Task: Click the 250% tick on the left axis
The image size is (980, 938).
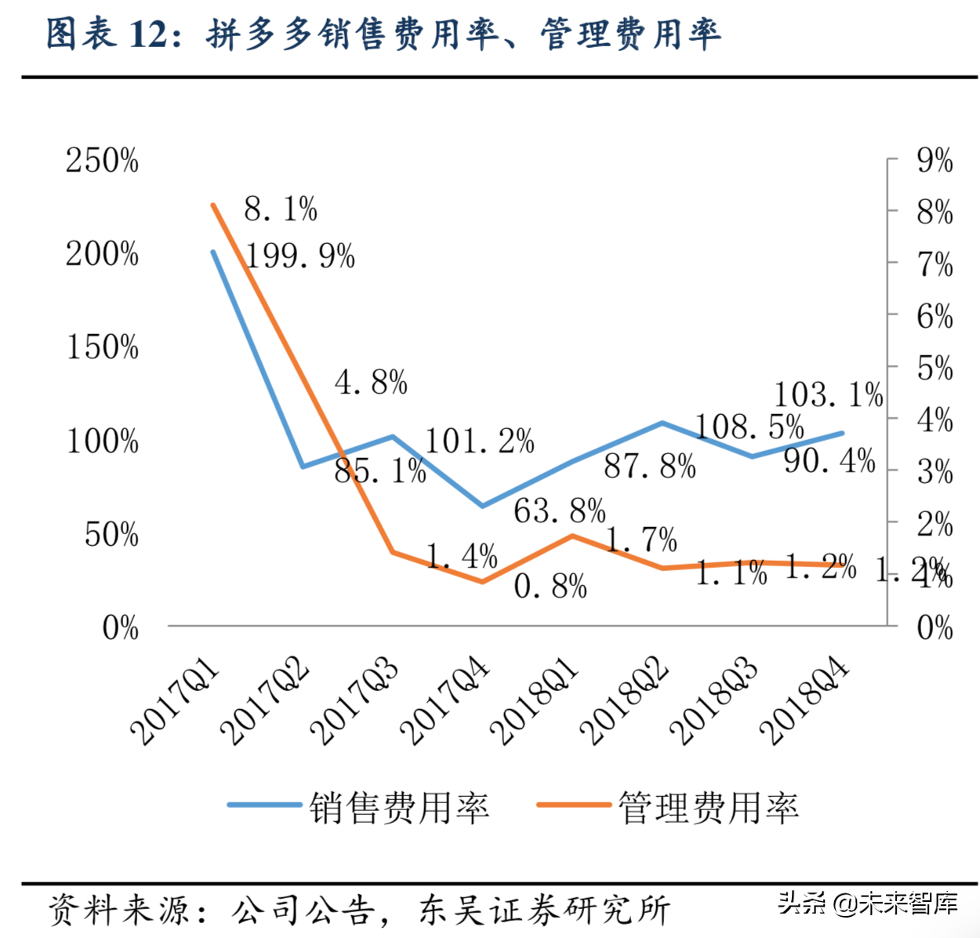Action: pos(102,161)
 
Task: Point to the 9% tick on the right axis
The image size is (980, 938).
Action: pos(935,161)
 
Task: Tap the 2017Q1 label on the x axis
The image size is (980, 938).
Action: pos(175,701)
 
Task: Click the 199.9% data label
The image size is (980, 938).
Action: pos(300,256)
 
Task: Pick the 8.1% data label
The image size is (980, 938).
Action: pos(281,209)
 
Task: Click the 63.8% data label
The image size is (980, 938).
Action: pos(560,511)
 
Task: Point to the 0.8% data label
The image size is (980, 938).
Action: pos(550,586)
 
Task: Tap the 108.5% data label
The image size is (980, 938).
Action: pos(750,427)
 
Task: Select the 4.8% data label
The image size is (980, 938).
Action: pos(371,383)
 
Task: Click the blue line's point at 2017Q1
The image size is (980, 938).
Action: pos(213,253)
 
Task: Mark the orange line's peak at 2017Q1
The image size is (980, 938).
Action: pos(213,205)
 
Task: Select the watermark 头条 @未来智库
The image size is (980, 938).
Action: pos(868,903)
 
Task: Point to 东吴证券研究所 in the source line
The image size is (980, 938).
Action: pos(545,911)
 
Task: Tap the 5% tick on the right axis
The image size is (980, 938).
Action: pos(935,369)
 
